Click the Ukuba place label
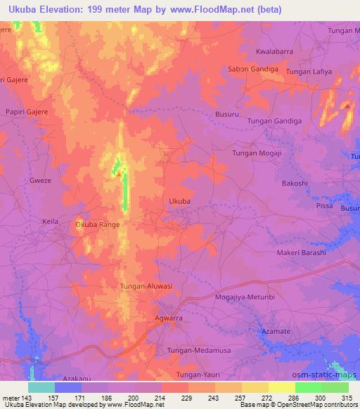(180, 201)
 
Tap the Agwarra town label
(168, 318)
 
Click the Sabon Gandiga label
(254, 69)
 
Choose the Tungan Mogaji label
(257, 152)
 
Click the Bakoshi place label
(295, 183)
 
